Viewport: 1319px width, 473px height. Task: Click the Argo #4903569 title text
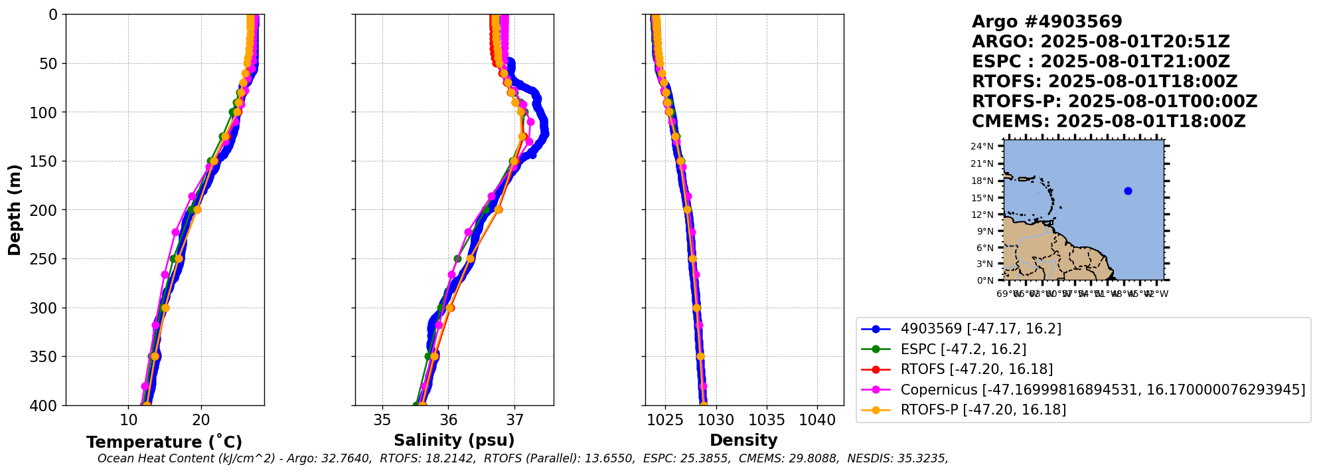coord(1047,22)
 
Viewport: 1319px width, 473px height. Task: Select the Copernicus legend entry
coord(1103,390)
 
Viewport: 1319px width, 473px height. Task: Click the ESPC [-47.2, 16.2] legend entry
coord(963,349)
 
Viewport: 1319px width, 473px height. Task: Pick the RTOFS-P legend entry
coord(983,410)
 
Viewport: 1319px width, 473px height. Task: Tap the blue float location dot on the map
coord(1128,191)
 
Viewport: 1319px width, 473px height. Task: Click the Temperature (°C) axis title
coord(164,442)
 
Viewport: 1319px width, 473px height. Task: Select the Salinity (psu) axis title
coord(454,440)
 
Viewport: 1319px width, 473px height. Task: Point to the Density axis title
coord(743,440)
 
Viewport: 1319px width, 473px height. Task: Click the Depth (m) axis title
coord(14,209)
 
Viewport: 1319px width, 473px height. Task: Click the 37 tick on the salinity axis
coord(514,421)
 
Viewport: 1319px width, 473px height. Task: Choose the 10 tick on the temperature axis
coord(128,421)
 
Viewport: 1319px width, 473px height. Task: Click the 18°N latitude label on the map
coord(982,181)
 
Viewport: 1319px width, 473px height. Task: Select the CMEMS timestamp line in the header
coord(1109,122)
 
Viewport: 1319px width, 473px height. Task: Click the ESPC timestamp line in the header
coord(1101,62)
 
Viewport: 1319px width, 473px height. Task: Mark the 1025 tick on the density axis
coord(665,421)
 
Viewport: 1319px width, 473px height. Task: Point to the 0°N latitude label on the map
coord(985,281)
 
